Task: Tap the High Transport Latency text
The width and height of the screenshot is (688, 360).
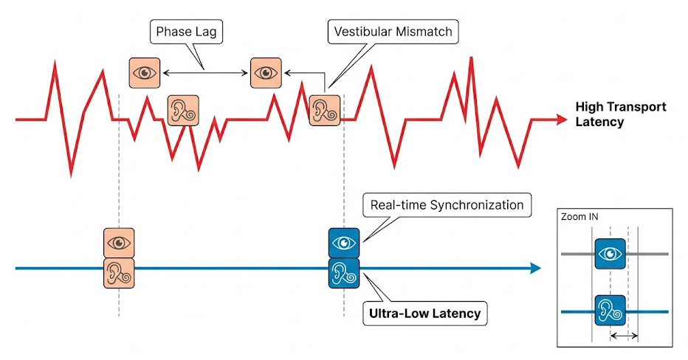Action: click(x=620, y=114)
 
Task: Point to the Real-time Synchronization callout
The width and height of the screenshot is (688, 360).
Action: click(x=447, y=205)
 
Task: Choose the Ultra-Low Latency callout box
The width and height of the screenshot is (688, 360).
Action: click(x=424, y=314)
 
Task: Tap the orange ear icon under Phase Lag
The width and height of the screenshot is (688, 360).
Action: click(x=183, y=110)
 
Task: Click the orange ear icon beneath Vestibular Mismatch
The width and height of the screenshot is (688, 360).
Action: click(x=323, y=110)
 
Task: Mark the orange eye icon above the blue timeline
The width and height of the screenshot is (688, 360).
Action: click(x=119, y=243)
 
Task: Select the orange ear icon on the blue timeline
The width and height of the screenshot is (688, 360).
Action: click(x=119, y=271)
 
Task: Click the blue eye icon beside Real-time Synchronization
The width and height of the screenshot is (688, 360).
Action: click(x=343, y=243)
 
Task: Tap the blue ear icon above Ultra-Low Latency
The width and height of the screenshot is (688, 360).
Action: click(x=343, y=272)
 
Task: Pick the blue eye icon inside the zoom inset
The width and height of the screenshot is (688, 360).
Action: click(x=610, y=254)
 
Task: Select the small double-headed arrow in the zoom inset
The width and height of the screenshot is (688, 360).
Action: click(x=624, y=336)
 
